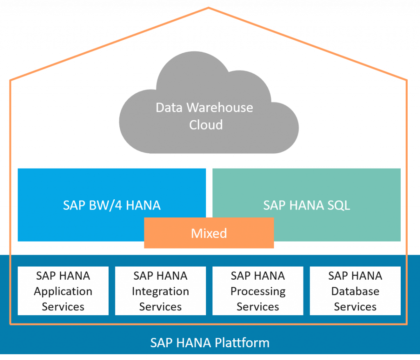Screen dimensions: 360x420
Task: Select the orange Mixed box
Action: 209,233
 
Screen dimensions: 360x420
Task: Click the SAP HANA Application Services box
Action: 63,291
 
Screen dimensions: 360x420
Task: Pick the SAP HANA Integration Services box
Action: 160,291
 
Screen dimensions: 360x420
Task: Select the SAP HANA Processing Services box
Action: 258,291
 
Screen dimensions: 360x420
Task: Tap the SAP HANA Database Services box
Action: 355,291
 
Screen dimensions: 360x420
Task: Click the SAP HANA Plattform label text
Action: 210,343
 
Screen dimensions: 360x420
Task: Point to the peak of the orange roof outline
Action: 208,7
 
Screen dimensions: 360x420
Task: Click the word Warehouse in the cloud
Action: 220,108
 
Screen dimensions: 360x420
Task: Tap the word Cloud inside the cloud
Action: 206,125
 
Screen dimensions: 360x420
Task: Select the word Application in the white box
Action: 63,292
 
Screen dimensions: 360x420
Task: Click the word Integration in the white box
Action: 160,292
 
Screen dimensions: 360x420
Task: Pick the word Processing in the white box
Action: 258,292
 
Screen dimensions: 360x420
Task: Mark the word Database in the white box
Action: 355,291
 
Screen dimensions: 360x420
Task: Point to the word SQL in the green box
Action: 337,205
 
